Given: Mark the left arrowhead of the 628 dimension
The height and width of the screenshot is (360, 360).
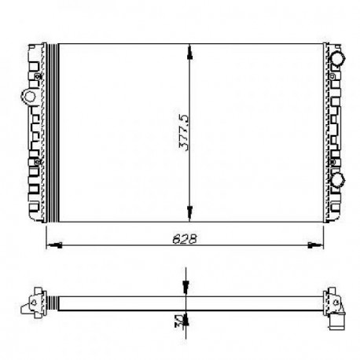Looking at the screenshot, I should (53, 245).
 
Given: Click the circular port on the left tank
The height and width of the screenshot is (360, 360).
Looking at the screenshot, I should (29, 98).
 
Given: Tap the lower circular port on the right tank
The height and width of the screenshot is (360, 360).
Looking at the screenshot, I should (338, 181).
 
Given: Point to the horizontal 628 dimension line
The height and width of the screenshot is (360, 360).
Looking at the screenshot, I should (118, 245).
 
